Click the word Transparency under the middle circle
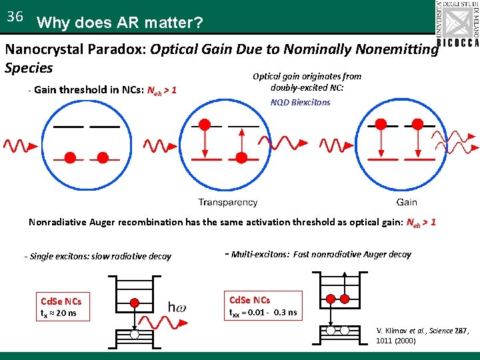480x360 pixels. [x=228, y=203]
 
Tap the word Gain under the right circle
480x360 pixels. [x=406, y=203]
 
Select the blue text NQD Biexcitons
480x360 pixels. [x=300, y=103]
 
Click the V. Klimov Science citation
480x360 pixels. [x=423, y=335]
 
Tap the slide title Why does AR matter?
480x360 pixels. [x=121, y=23]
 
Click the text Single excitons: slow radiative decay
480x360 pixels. [x=98, y=256]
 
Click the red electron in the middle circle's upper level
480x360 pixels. [x=205, y=124]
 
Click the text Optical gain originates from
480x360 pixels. [x=307, y=77]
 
